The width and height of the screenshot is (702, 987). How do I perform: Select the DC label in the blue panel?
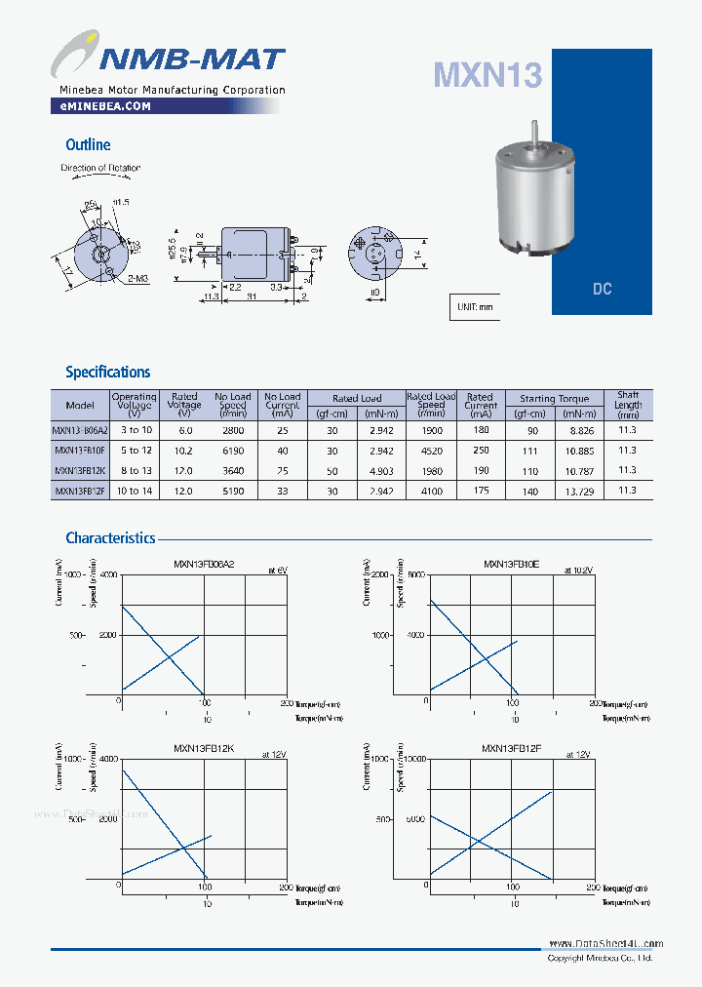tap(602, 290)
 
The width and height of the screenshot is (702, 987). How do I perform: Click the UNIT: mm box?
tap(475, 306)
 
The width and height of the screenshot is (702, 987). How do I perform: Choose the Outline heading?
tap(88, 144)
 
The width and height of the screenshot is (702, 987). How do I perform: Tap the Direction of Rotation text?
tap(100, 168)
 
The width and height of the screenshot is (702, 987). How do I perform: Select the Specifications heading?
tap(107, 372)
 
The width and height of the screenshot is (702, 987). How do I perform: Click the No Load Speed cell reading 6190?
tap(232, 451)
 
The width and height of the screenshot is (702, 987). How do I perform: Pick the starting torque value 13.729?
tap(581, 491)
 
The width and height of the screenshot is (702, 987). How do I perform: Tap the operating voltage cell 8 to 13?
tap(134, 470)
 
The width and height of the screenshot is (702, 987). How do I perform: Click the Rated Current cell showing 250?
tap(480, 451)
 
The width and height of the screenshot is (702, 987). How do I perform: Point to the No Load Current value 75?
tap(282, 470)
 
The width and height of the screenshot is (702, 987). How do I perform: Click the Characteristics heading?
tap(110, 537)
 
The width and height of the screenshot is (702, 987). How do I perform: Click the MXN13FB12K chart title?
tap(203, 748)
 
